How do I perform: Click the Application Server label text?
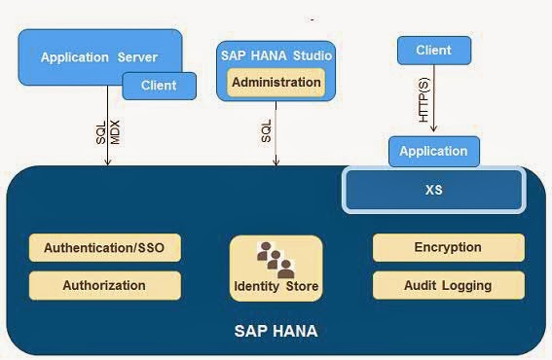98,57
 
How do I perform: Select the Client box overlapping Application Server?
159,86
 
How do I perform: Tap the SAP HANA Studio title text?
276,55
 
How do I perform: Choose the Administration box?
276,83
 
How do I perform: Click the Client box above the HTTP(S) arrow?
433,50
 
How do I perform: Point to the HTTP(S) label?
423,100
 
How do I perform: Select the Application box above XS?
433,151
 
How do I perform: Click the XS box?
433,190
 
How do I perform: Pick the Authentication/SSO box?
104,247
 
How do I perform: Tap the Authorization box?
104,285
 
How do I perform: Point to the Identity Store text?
276,287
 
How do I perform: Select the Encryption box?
448,247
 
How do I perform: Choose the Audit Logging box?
448,285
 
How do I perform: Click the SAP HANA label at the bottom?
276,332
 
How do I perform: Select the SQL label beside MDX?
100,133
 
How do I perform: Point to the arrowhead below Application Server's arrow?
107,162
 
